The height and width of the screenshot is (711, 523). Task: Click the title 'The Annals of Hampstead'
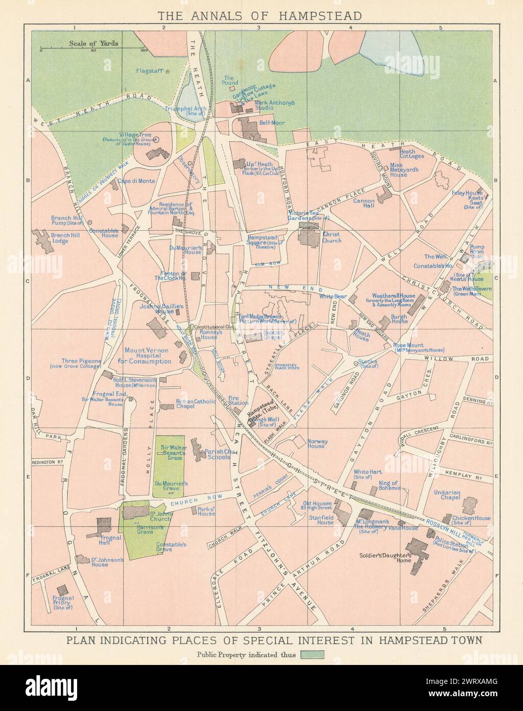tap(261, 15)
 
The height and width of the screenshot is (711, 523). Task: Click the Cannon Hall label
tap(364, 204)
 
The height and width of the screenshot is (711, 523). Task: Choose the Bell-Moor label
tap(272, 123)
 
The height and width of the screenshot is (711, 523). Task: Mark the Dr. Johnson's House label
tap(107, 563)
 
